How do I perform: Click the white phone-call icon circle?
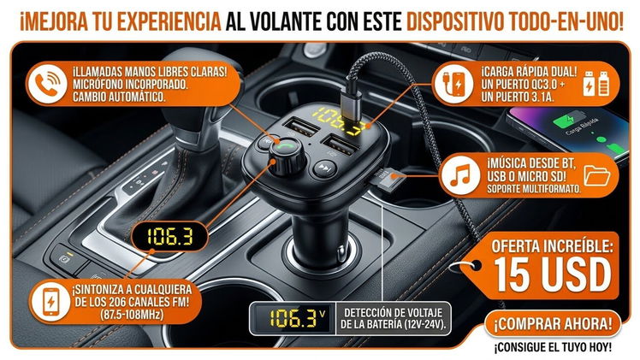tap(48, 84)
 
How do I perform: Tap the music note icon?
tap(460, 175)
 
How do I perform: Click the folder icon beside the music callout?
tap(596, 175)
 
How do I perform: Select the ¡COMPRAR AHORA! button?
tap(553, 324)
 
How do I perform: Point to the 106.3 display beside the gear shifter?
tap(169, 236)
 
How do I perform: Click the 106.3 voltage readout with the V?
tap(293, 318)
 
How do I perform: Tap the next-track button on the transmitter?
tap(324, 168)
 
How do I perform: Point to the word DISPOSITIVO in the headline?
tap(454, 21)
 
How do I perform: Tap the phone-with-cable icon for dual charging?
tap(453, 84)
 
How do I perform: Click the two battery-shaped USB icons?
tap(596, 84)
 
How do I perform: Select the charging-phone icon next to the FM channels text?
tap(50, 302)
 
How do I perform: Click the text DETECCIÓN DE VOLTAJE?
tap(393, 313)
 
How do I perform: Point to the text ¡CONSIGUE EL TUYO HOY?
tap(553, 348)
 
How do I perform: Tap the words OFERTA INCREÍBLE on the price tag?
tap(552, 246)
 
